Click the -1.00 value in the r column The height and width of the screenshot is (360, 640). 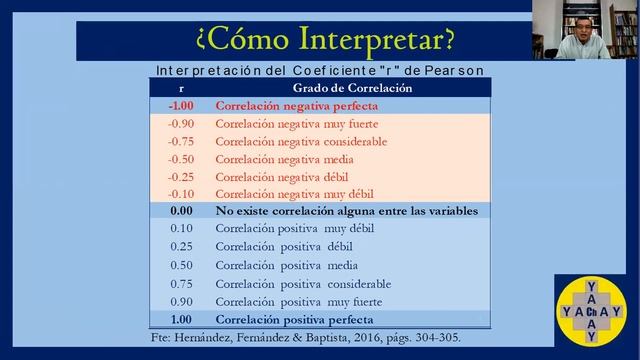(x=180, y=105)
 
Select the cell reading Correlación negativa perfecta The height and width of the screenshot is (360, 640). (x=290, y=105)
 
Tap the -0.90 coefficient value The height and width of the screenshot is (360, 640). (x=181, y=123)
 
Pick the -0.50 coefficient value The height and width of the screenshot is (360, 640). (x=181, y=158)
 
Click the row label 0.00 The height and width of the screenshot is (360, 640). (x=181, y=211)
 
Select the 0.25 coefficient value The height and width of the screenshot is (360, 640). (x=181, y=247)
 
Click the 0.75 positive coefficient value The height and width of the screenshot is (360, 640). (x=181, y=283)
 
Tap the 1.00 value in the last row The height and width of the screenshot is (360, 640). (x=181, y=319)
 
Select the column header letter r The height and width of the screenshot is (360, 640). (x=181, y=88)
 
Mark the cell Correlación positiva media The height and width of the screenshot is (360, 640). (x=286, y=265)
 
